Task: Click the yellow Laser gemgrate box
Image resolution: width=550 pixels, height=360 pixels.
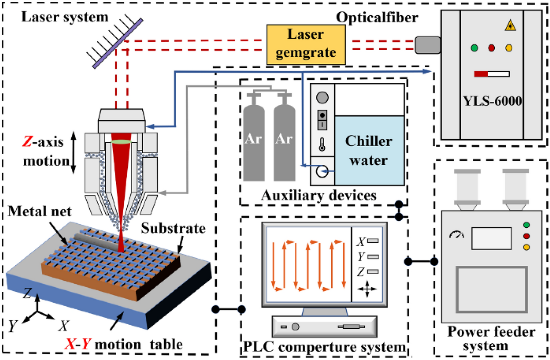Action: tap(306, 44)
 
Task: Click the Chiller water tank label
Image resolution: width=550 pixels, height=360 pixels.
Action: tap(369, 151)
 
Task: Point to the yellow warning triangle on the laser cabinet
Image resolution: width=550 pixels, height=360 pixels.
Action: tap(510, 26)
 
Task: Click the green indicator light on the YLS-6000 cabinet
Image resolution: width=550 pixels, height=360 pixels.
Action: tap(474, 48)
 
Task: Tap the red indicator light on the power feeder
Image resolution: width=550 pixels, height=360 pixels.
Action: tap(526, 236)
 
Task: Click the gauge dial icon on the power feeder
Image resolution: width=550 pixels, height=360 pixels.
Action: tap(457, 235)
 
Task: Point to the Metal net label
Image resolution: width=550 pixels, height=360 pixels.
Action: tap(39, 211)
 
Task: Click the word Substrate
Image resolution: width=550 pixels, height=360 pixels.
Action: tap(173, 228)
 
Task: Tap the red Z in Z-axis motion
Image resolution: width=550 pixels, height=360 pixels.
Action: tap(27, 142)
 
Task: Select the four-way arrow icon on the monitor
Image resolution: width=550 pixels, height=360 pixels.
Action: tap(367, 289)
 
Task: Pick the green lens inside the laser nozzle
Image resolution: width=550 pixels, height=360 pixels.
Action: tap(121, 142)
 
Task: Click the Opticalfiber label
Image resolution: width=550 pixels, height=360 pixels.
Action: tap(377, 18)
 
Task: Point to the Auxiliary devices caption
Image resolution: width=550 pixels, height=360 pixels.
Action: tap(318, 196)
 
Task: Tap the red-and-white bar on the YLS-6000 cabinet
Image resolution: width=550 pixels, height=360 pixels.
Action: tap(492, 74)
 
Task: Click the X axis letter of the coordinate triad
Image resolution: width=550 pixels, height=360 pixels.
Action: tap(63, 326)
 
